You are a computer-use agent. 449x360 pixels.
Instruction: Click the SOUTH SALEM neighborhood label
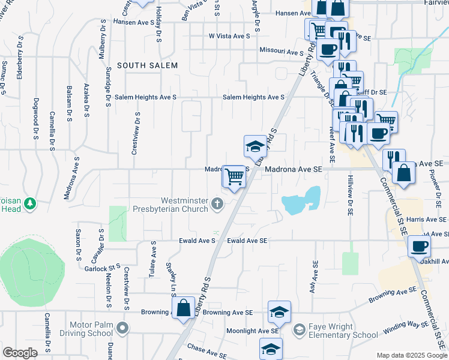147,65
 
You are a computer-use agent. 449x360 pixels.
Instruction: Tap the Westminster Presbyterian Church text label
184,205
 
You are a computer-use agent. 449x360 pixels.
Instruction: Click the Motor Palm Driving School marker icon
122,328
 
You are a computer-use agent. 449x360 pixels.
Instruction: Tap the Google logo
20,352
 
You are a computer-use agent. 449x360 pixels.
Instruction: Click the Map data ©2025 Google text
411,355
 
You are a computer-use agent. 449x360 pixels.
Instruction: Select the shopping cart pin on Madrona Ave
235,176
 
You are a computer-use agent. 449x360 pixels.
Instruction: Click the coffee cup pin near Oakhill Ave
419,245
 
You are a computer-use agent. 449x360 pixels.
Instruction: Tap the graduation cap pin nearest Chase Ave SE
271,349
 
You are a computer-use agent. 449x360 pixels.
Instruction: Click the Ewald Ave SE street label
247,241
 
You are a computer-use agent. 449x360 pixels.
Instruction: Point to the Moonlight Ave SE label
253,331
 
